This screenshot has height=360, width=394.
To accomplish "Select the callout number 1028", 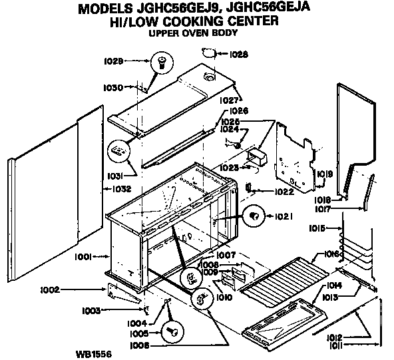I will point(238,54).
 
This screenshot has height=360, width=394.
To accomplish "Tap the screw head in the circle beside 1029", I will point(160,63).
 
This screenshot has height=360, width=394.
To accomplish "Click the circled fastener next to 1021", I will point(254,215).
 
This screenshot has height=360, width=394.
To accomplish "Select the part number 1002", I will point(50,289).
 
